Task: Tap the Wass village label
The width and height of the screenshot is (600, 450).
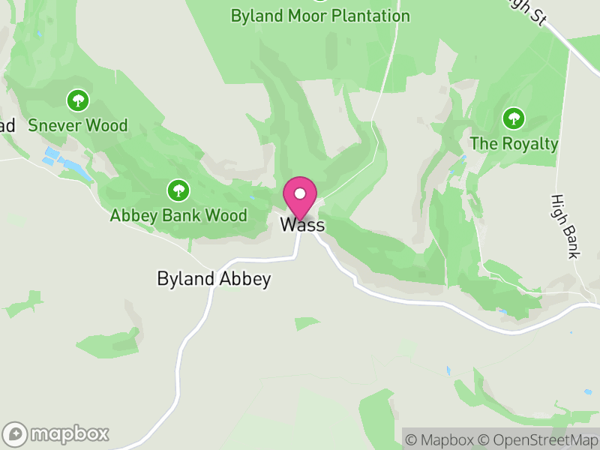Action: tap(302, 225)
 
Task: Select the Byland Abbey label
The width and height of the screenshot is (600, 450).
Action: tap(214, 279)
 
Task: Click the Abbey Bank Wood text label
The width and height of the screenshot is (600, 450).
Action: tap(178, 216)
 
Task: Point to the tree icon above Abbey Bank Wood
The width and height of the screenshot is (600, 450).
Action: tap(178, 190)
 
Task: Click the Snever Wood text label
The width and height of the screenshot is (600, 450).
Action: tap(78, 125)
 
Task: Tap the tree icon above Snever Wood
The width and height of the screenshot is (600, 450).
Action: tap(77, 100)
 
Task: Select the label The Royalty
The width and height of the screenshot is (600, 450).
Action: tap(514, 143)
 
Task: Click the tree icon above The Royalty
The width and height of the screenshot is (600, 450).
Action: tap(514, 118)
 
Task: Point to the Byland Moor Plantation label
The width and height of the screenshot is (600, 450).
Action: tap(320, 16)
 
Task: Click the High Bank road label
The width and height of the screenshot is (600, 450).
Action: tap(564, 226)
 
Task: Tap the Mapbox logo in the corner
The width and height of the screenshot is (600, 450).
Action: tap(57, 433)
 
